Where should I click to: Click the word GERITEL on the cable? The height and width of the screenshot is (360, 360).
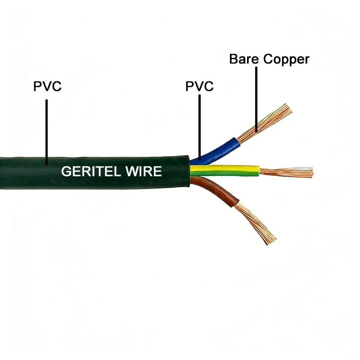click(88, 171)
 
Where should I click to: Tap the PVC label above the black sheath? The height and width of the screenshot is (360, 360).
click(47, 86)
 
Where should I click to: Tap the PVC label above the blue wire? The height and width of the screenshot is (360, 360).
click(199, 86)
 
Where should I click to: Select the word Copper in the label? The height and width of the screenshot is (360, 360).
click(286, 59)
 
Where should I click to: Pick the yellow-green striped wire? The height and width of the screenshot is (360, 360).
click(225, 170)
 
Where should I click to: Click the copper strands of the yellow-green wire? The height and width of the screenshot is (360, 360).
click(286, 171)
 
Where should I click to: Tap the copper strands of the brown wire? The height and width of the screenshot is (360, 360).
click(254, 220)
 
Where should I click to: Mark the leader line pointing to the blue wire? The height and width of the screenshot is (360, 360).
click(199, 126)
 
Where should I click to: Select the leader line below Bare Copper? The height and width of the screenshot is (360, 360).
click(256, 99)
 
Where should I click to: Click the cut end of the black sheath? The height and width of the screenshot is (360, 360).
click(188, 172)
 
